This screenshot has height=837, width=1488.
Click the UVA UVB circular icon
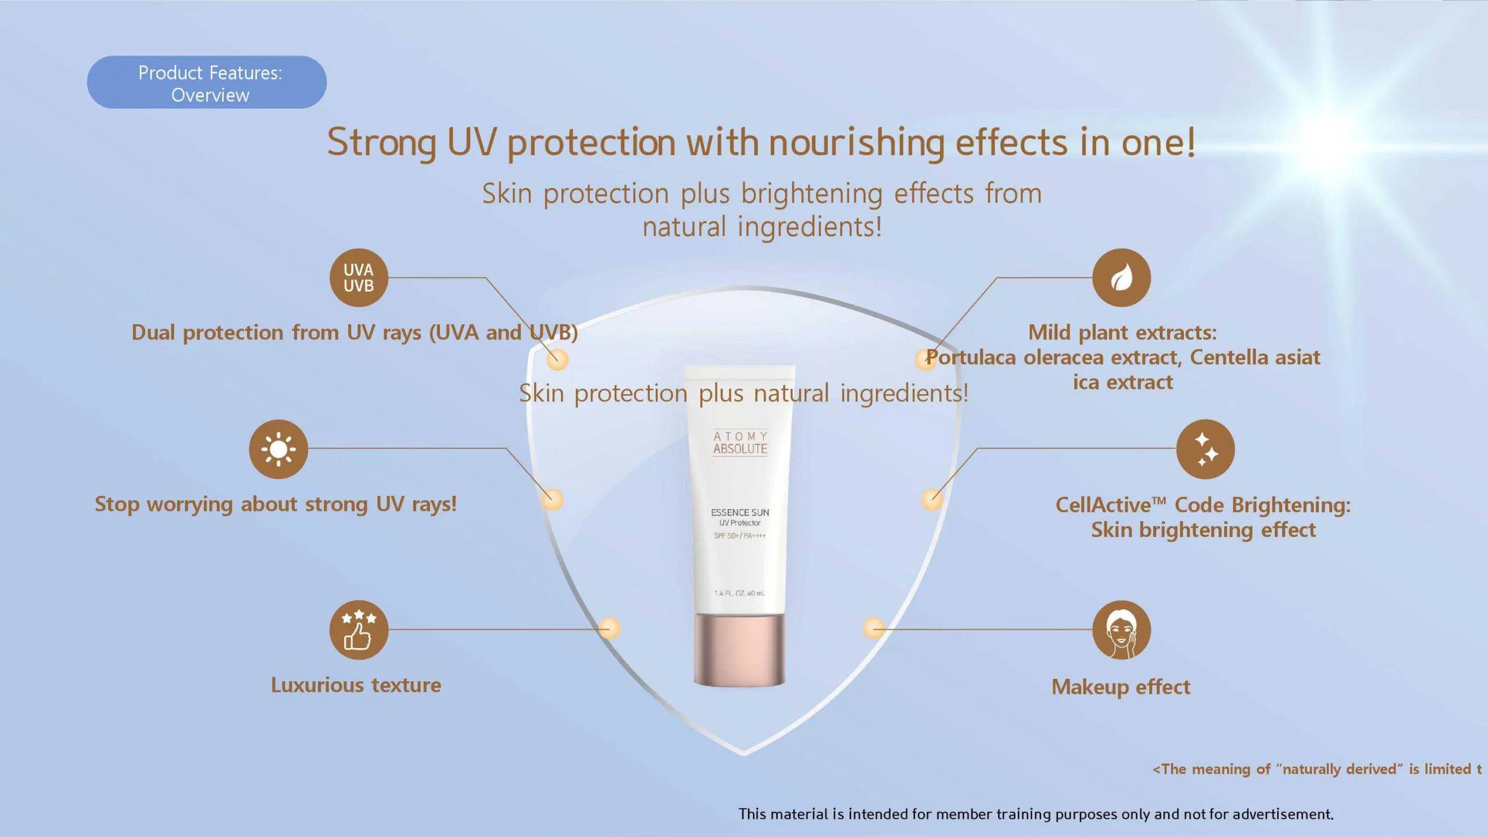tap(359, 278)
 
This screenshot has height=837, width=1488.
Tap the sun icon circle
tap(278, 449)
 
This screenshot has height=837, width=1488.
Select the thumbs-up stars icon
tap(359, 629)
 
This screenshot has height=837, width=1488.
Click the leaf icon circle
tap(1121, 278)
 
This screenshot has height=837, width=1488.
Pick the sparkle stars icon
tap(1206, 449)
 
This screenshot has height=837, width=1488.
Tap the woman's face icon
tap(1121, 629)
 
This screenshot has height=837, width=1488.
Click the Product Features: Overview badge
tap(207, 82)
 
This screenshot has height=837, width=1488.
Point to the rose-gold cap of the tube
tap(739, 650)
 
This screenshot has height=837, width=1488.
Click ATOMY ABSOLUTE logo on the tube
tap(740, 443)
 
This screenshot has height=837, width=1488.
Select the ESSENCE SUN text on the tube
tap(740, 512)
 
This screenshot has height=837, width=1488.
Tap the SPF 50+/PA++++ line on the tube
tap(740, 535)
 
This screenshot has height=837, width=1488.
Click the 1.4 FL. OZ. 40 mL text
tap(740, 593)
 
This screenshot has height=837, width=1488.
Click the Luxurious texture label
tap(356, 685)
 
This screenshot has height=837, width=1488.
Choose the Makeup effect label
tap(1121, 687)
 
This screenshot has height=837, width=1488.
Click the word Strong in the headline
tap(382, 142)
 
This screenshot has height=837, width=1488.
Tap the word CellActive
tap(1103, 505)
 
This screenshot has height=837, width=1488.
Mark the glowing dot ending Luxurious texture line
tap(609, 628)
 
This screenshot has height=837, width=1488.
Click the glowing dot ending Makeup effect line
tap(874, 628)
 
